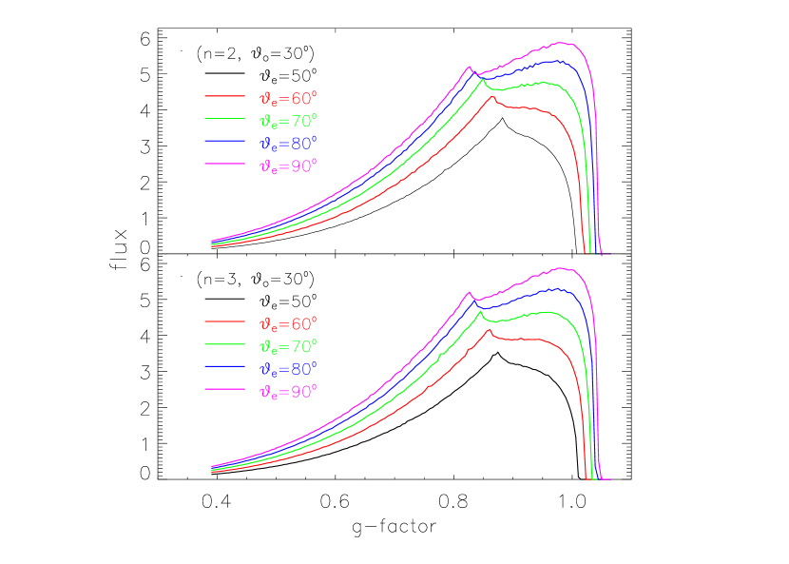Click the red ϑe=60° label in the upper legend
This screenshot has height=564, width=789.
point(288,97)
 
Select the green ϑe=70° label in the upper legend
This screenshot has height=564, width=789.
point(288,120)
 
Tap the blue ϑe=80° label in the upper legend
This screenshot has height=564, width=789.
point(288,143)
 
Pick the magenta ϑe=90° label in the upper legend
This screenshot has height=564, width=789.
point(288,165)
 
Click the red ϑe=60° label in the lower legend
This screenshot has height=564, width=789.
point(288,323)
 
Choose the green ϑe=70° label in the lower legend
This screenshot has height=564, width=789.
point(288,346)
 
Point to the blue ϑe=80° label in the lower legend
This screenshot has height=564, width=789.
point(288,369)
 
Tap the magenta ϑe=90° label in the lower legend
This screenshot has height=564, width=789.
point(288,392)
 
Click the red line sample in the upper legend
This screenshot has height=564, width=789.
point(224,96)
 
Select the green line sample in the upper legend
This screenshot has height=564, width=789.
point(224,119)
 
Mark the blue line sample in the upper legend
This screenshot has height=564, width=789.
point(224,142)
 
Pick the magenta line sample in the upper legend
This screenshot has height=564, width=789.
point(224,165)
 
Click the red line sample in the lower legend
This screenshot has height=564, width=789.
point(224,322)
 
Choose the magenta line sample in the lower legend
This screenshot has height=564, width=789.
point(224,391)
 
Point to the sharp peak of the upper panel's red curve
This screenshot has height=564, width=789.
point(490,97)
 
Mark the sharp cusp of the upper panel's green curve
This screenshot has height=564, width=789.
point(482,79)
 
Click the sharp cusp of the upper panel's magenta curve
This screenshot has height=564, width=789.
point(469,67)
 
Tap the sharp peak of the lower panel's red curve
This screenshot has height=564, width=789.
point(490,329)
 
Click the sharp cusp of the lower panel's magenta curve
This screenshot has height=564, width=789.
point(469,292)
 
